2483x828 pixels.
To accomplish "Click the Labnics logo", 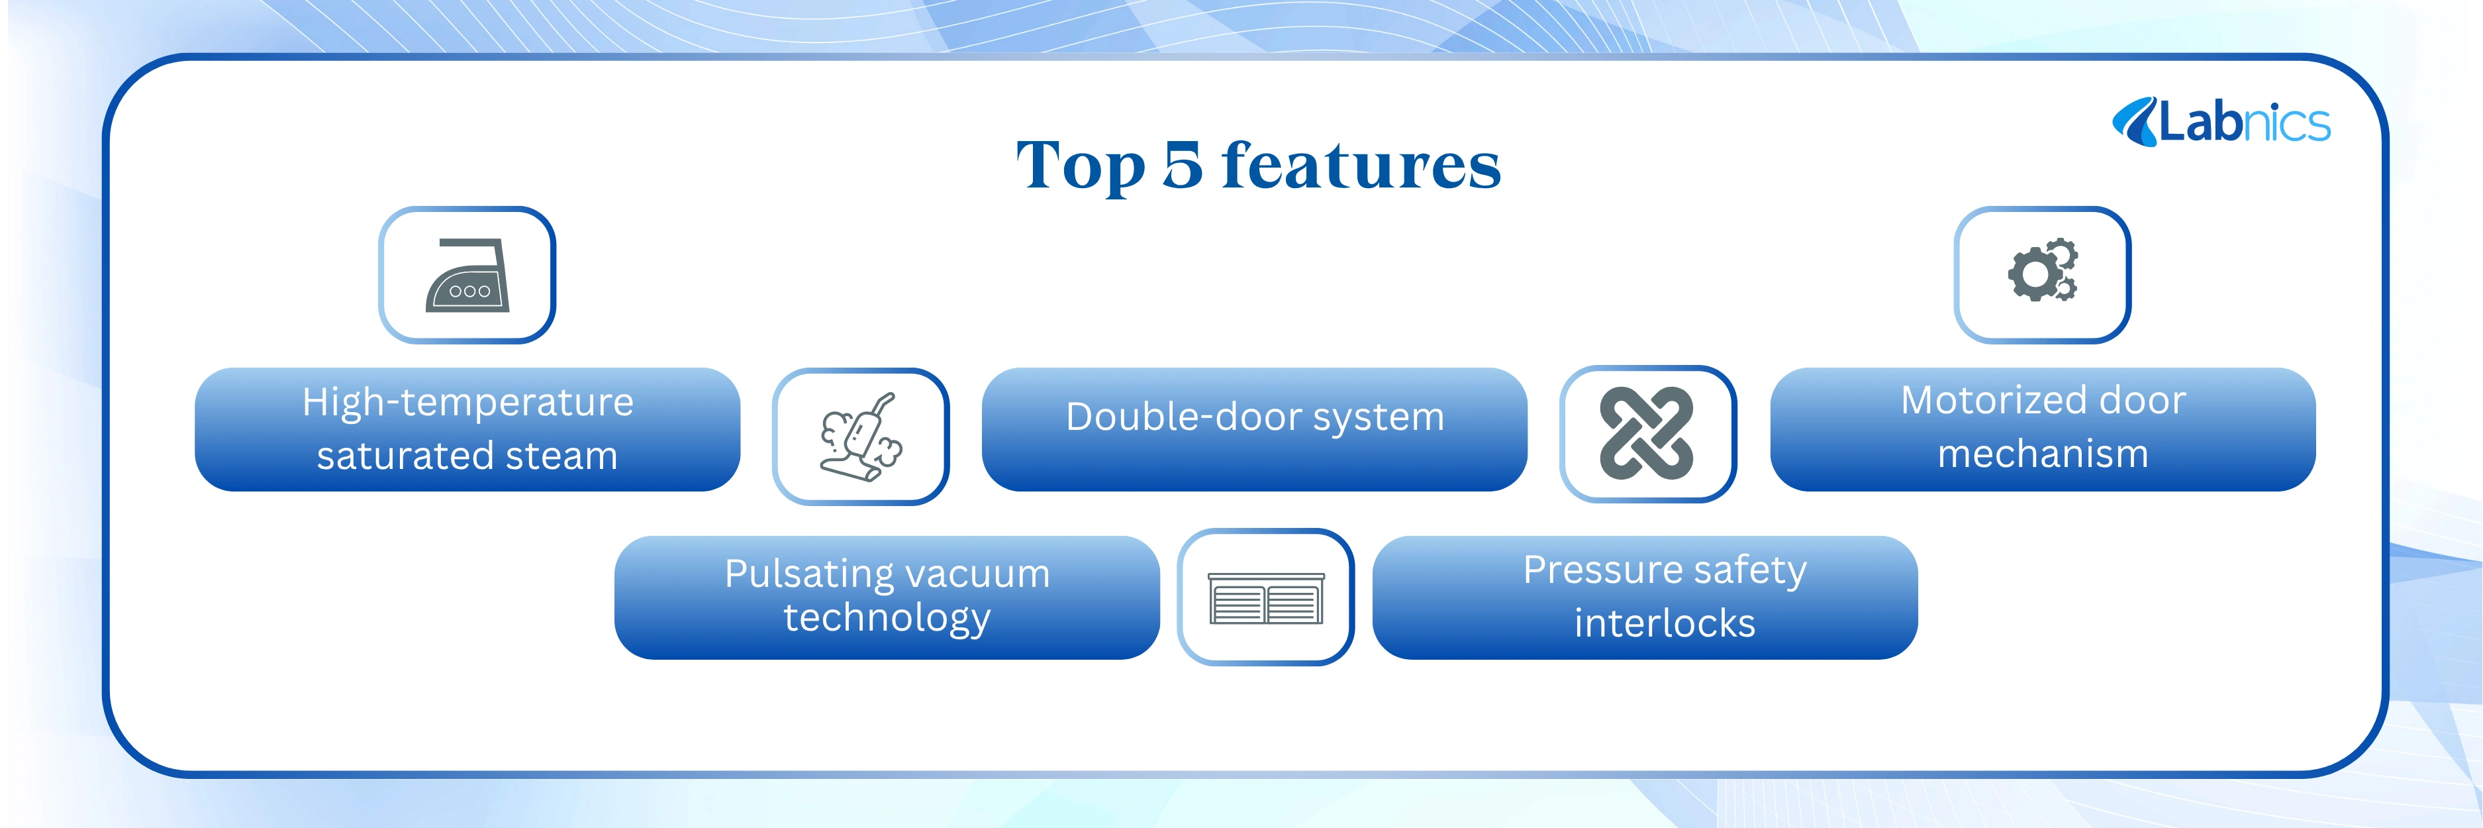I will (2221, 123).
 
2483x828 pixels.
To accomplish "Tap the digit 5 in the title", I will (1183, 166).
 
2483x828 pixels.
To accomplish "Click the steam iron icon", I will (467, 276).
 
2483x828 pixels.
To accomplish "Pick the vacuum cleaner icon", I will (861, 437).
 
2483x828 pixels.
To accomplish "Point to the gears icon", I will (2043, 271).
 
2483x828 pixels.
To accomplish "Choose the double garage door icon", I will (1265, 597).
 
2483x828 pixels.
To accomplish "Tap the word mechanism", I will (2043, 454).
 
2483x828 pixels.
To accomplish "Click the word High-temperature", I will (467, 403).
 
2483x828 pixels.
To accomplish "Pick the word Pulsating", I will (808, 574).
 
